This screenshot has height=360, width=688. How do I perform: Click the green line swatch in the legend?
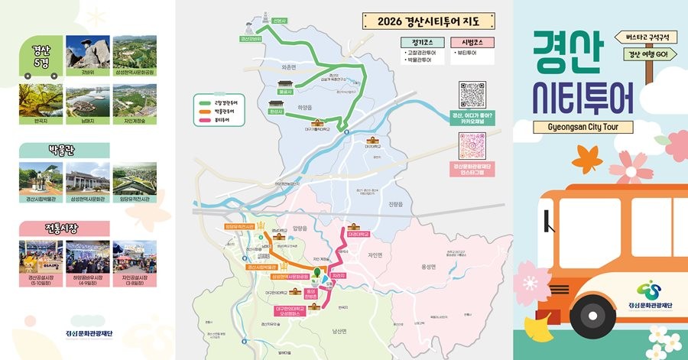204,102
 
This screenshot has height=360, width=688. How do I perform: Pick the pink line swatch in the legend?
204,120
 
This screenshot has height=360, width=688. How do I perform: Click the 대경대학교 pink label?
357,225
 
